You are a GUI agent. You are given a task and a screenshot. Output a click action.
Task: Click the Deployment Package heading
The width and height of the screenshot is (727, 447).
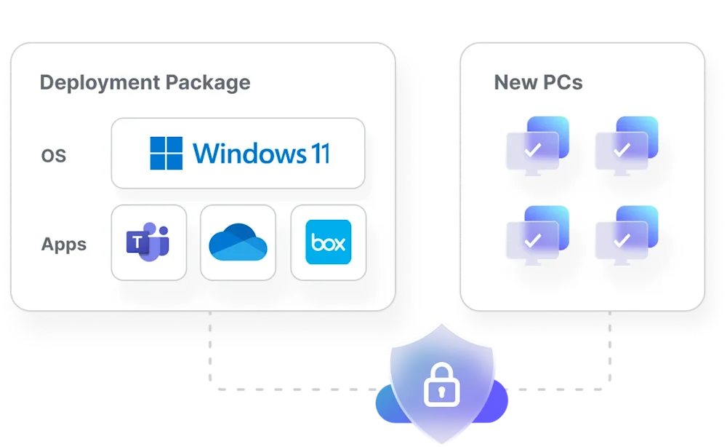coord(145,82)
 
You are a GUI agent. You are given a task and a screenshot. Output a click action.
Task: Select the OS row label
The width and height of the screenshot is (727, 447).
coord(54,156)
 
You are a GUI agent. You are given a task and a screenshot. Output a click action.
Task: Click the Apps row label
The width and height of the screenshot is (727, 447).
coord(64,245)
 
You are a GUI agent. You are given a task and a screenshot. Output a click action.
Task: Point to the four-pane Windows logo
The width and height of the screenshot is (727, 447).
coord(166,154)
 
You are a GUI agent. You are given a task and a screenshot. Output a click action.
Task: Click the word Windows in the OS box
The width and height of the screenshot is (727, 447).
coord(247,154)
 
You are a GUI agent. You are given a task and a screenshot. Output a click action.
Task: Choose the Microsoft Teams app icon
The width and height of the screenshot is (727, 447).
coord(148,242)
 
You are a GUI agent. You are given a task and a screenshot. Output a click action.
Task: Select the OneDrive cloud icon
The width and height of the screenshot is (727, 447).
coord(238,243)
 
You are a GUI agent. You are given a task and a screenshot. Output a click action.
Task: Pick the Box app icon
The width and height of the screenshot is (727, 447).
coord(328,242)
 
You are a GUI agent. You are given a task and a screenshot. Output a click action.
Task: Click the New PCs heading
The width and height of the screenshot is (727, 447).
coord(538,82)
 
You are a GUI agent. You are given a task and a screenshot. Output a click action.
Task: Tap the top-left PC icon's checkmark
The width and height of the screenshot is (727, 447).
coord(533,151)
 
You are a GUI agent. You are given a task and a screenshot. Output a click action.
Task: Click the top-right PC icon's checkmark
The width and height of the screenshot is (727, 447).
coord(622,151)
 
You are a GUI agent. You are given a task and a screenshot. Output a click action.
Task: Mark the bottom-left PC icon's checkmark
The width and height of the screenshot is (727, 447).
coord(533,240)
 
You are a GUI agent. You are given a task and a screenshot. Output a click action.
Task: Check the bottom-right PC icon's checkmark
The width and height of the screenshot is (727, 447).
coord(622,240)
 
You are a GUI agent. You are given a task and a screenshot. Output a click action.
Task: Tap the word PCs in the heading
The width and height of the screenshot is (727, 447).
coord(563,82)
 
